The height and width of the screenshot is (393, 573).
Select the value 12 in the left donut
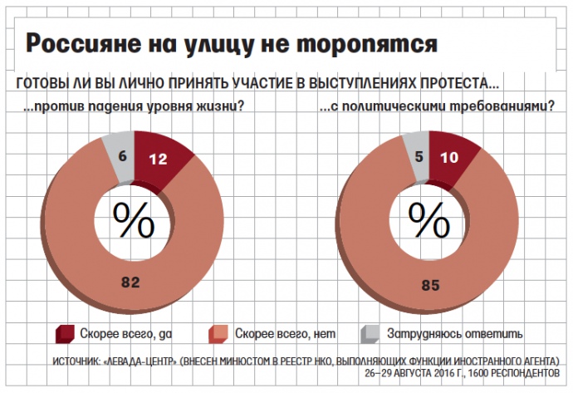159,159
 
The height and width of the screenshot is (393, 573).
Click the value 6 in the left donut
122,155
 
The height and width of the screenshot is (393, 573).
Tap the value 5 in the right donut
418,154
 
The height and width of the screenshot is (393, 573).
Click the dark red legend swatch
64,334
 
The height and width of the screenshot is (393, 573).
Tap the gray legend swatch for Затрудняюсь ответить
369,334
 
